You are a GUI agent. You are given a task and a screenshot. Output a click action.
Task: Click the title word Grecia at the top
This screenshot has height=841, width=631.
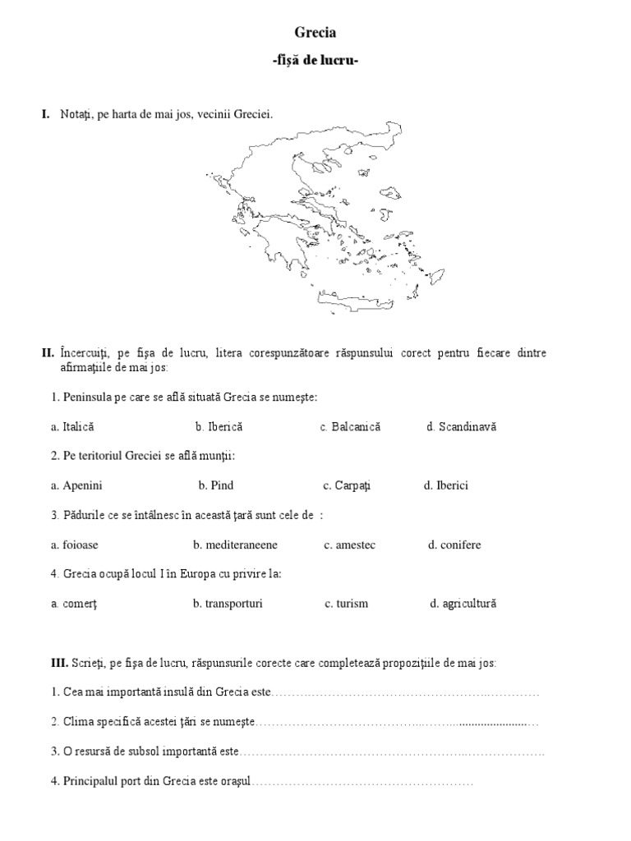point(315,33)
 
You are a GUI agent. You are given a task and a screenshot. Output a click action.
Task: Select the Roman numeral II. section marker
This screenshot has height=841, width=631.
point(48,352)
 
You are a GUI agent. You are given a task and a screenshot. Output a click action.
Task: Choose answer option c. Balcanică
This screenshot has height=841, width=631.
point(351,427)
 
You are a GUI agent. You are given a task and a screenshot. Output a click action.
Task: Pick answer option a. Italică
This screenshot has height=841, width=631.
point(72,427)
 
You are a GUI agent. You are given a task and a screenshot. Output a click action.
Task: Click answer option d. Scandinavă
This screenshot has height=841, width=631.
point(462,427)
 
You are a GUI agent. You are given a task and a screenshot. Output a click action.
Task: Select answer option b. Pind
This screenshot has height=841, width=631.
point(216,485)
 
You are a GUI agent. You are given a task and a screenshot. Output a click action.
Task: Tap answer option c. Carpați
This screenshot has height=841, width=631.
point(347,485)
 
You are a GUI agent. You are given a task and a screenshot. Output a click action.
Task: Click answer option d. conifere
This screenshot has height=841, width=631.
point(455,545)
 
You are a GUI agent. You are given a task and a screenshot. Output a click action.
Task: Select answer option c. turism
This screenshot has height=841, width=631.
point(346,604)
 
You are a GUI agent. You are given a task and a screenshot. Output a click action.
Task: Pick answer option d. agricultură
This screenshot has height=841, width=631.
point(463,604)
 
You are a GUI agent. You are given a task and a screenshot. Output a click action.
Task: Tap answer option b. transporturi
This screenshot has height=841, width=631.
point(228,604)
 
